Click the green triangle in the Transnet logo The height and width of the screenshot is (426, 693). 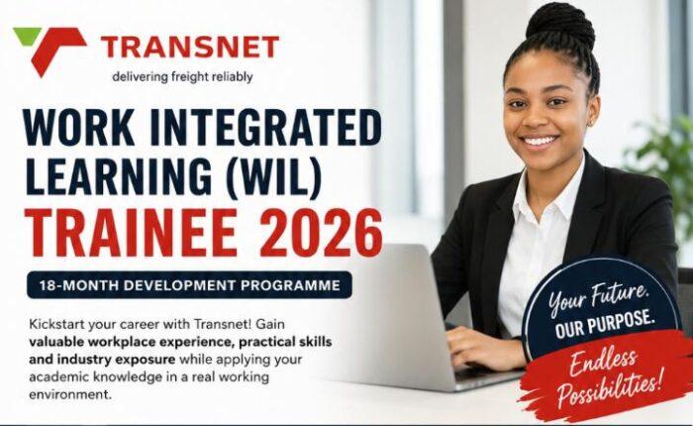(x=26, y=34)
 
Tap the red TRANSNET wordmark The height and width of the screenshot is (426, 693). (x=190, y=48)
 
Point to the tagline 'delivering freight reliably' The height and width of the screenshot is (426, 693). (x=182, y=77)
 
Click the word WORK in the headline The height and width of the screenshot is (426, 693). (x=79, y=128)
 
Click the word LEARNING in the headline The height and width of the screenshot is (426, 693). (x=119, y=175)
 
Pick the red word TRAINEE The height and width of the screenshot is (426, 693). (x=132, y=233)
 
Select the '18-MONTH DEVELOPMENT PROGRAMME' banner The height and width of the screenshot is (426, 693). (x=190, y=285)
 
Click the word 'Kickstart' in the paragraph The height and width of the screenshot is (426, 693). (x=56, y=324)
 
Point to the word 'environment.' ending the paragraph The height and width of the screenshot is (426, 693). (x=70, y=394)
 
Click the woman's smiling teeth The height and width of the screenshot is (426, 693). (x=541, y=141)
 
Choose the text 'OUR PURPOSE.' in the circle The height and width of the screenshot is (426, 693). (x=604, y=324)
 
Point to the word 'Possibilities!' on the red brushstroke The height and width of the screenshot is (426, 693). (x=610, y=389)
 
